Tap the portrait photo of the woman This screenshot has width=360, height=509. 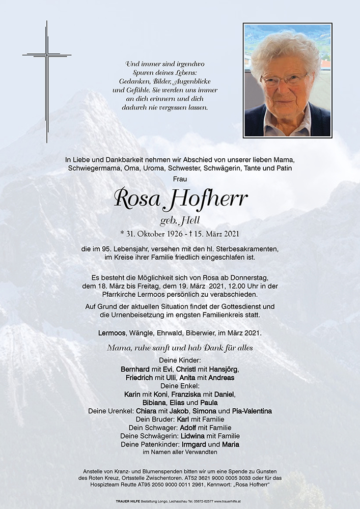point(287,80)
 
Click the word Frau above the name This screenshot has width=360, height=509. point(180,179)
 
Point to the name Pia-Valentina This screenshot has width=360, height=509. point(251,411)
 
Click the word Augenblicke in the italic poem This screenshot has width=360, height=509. point(192,82)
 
